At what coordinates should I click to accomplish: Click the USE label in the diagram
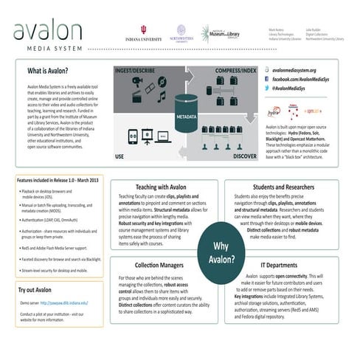point(120,156)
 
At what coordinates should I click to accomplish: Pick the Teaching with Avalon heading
point(166,187)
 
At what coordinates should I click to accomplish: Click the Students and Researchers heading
point(285,187)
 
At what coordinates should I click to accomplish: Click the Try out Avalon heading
point(35,290)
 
